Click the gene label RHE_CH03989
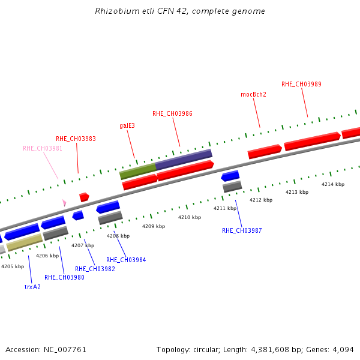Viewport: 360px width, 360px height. pyautogui.click(x=301, y=84)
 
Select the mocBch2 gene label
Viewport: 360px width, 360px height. pyautogui.click(x=253, y=94)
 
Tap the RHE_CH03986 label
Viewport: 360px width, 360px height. pyautogui.click(x=172, y=113)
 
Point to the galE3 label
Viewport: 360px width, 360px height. pyautogui.click(x=127, y=125)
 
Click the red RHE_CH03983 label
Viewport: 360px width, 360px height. pyautogui.click(x=76, y=139)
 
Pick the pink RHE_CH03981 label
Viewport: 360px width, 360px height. pyautogui.click(x=43, y=148)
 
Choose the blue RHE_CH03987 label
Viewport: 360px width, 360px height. pyautogui.click(x=242, y=230)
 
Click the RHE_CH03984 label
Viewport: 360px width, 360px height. pyautogui.click(x=126, y=260)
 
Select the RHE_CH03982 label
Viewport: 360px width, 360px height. pyautogui.click(x=95, y=269)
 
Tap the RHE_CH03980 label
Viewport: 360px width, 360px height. pyautogui.click(x=64, y=277)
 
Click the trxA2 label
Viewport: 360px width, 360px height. pyautogui.click(x=32, y=287)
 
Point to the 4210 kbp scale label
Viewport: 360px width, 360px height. pyautogui.click(x=189, y=217)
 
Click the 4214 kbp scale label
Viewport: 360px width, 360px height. pyautogui.click(x=333, y=184)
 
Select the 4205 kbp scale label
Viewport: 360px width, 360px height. pyautogui.click(x=13, y=266)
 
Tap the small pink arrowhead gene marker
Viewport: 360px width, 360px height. pyautogui.click(x=64, y=203)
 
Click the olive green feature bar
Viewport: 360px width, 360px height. pyautogui.click(x=137, y=171)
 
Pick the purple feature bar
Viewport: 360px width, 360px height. pyautogui.click(x=184, y=159)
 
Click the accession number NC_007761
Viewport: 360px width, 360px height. pyautogui.click(x=64, y=349)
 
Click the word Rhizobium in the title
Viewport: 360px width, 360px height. pyautogui.click(x=116, y=11)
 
